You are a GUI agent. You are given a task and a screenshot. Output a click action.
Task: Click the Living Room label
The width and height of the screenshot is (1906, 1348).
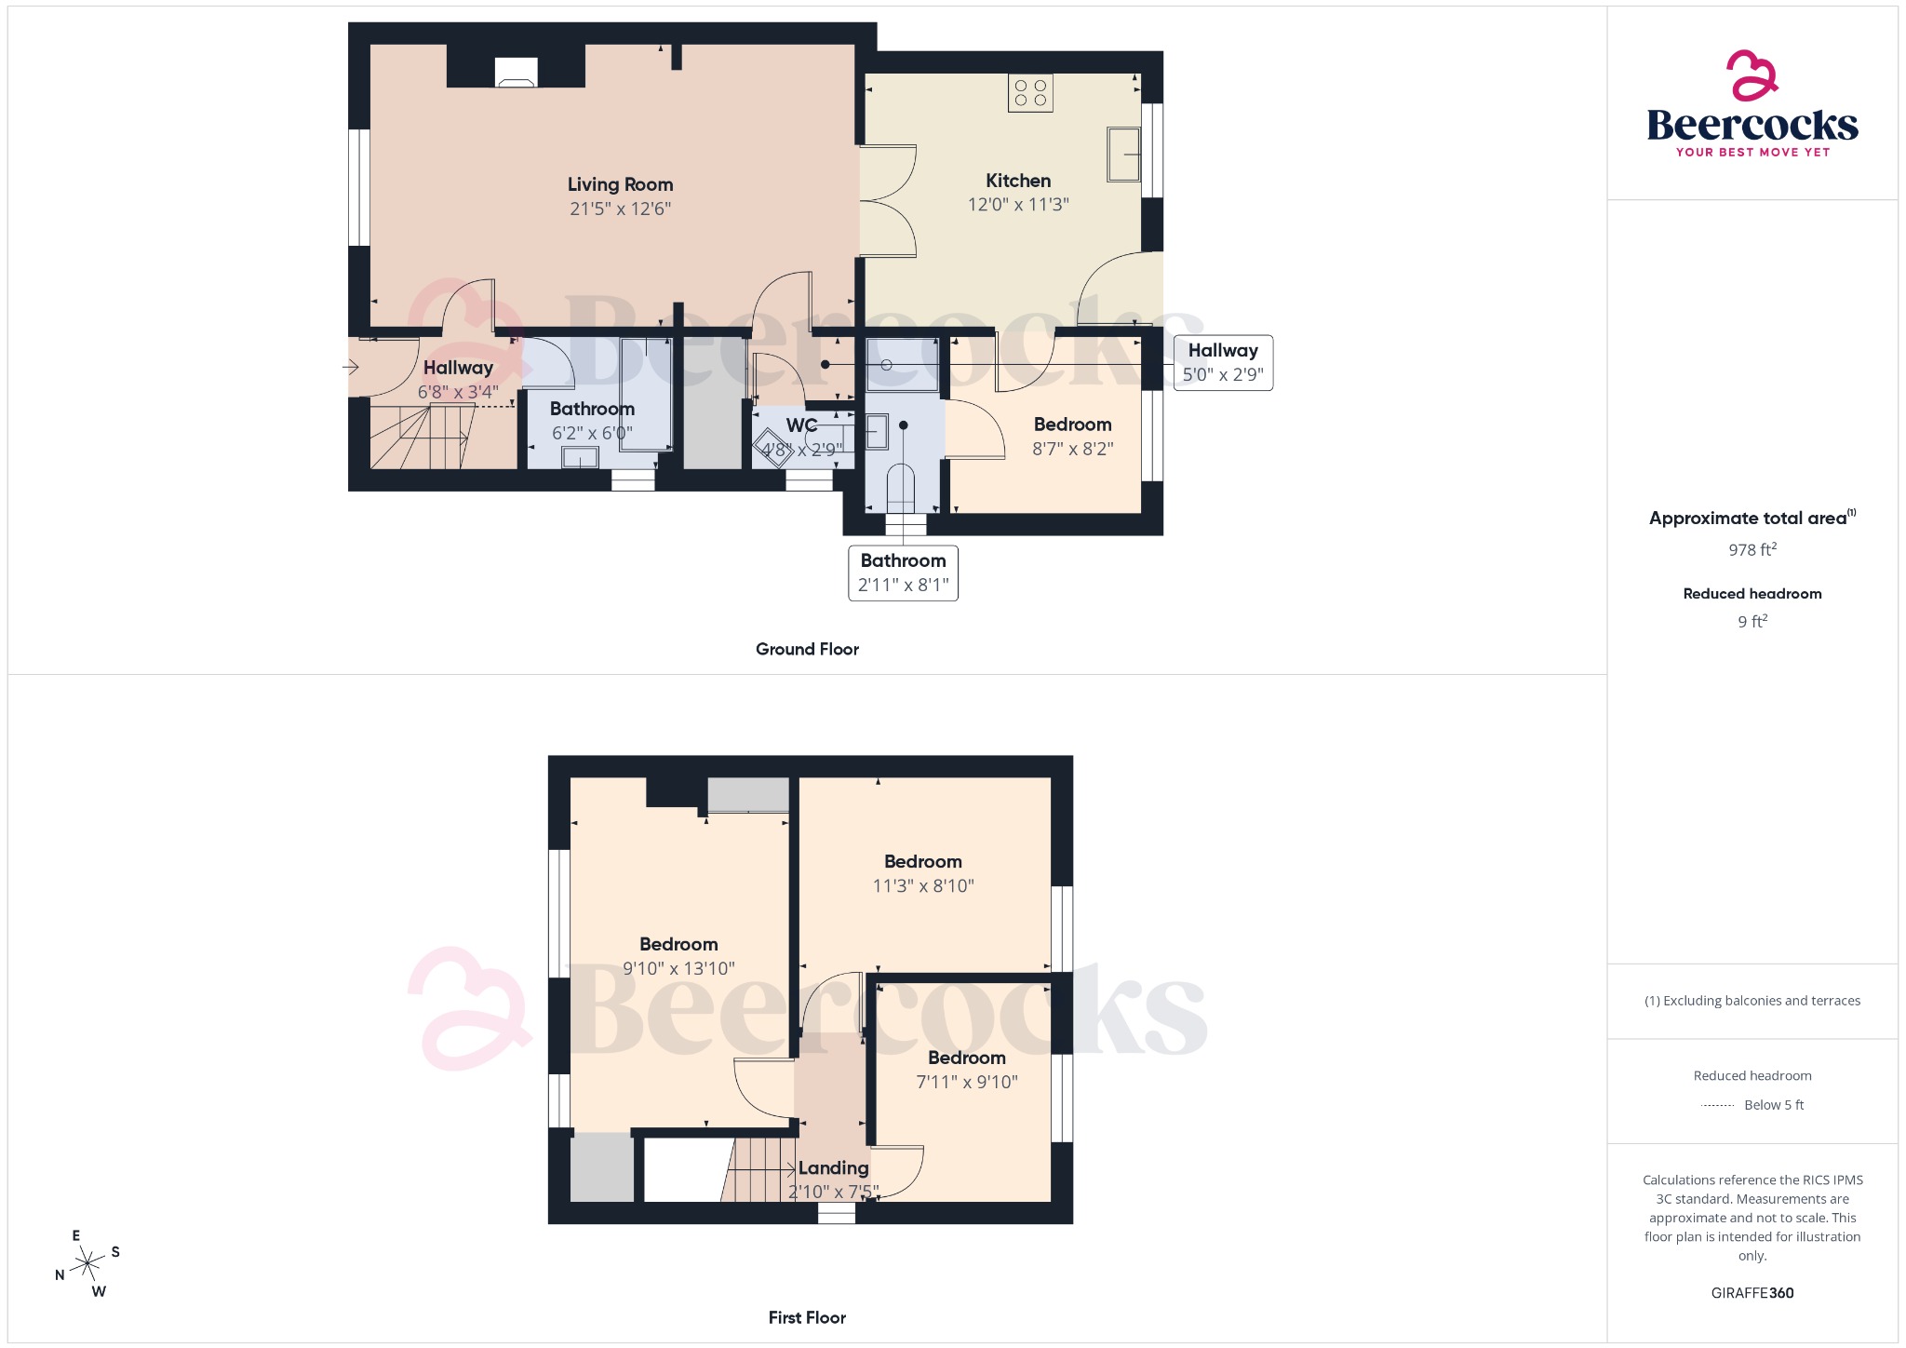pos(620,184)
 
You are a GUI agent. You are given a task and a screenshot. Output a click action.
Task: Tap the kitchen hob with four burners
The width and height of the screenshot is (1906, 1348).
pos(1030,93)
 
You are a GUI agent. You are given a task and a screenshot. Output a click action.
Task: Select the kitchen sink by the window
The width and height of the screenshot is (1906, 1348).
pos(1123,155)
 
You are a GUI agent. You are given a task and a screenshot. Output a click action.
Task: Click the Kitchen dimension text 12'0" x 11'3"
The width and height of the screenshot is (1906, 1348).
pos(1018,205)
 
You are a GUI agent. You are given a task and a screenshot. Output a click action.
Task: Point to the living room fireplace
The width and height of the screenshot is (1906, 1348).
pos(516,73)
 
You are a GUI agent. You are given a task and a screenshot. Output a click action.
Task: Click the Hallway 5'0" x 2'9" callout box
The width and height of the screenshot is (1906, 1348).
pos(1223,363)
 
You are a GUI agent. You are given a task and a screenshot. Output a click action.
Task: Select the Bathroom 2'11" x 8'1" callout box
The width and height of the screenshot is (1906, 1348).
pos(903,573)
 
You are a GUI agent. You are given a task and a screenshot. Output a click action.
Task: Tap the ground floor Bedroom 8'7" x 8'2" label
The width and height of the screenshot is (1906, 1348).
pos(1072,425)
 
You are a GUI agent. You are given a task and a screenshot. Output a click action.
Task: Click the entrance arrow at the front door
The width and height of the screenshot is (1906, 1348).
pos(351,367)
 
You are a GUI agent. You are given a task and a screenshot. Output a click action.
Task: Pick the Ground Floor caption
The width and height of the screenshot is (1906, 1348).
pos(807,649)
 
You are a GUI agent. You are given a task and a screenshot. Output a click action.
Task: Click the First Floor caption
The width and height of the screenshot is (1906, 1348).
pos(807,1317)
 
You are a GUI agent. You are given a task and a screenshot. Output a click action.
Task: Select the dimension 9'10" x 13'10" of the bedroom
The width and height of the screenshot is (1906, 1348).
pos(678,969)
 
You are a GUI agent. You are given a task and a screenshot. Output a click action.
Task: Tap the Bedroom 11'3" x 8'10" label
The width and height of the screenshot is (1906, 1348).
pos(923,862)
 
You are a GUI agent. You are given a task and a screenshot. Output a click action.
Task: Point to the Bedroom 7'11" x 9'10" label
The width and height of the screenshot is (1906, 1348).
pos(967,1058)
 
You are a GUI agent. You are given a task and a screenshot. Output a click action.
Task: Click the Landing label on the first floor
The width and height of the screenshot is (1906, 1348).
pos(833,1167)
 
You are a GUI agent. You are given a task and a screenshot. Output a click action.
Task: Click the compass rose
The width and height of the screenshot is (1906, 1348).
pos(87,1263)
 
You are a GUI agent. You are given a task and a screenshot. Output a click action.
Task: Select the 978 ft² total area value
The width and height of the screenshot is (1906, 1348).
pos(1752,549)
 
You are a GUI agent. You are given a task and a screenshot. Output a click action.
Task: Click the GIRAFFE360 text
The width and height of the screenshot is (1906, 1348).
pos(1752,1293)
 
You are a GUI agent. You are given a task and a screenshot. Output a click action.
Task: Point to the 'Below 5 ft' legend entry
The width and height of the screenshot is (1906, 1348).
pos(1773,1105)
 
